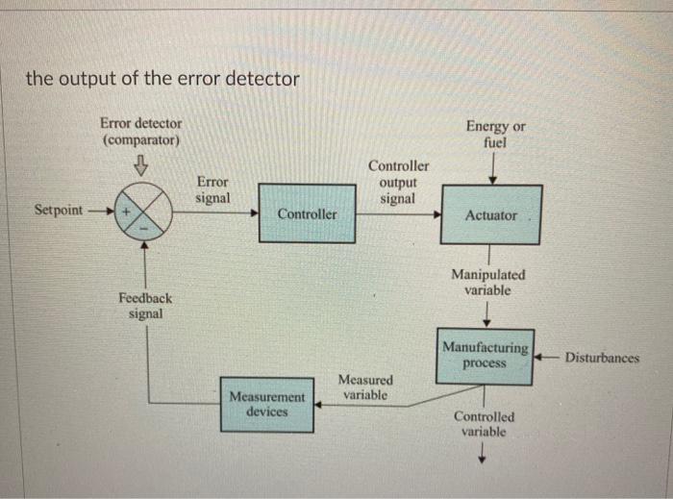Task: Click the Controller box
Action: point(307,213)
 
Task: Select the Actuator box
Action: point(490,214)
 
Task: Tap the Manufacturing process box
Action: point(486,356)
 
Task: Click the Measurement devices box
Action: point(266,404)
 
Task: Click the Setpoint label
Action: point(59,210)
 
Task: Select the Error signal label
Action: point(212,188)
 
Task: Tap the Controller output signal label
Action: point(398,183)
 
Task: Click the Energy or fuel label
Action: point(495,135)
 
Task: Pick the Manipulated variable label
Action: point(487,283)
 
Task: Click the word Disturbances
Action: point(602,358)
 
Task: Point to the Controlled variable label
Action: point(484,424)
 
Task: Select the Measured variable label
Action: point(365,388)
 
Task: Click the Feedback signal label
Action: point(145,306)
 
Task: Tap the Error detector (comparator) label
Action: point(140,132)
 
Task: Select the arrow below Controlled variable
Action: point(484,460)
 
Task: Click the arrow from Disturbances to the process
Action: point(548,358)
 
